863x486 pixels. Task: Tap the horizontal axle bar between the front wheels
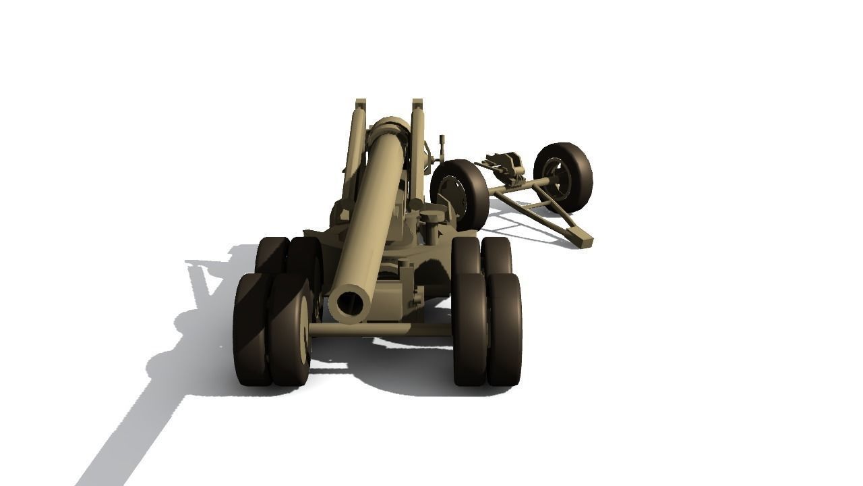pos(381,329)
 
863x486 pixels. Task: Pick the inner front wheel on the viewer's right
pos(469,329)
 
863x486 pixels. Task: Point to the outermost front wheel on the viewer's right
pos(504,329)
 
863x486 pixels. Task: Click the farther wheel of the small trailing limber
pos(563,176)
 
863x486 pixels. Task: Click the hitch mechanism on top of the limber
pos(504,166)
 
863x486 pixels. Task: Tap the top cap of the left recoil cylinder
pos(361,104)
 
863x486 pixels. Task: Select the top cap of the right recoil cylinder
pos(417,104)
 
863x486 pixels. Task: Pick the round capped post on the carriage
pos(432,219)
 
